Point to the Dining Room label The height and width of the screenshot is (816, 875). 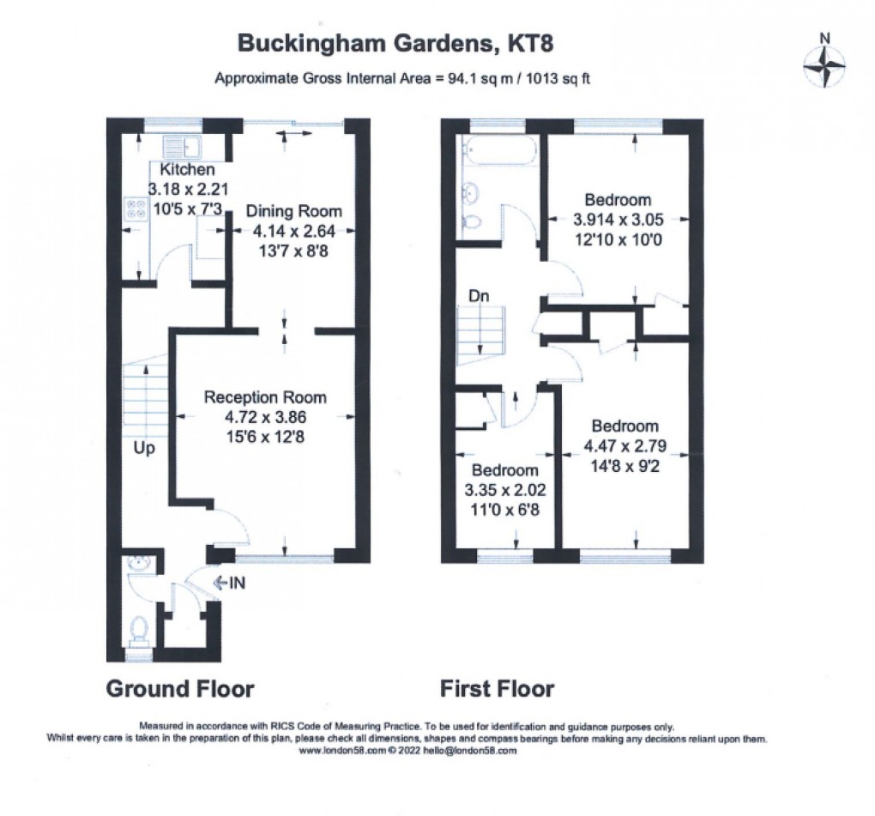[x=293, y=211]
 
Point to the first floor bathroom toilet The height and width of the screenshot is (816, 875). [x=471, y=222]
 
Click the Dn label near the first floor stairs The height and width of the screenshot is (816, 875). [x=479, y=295]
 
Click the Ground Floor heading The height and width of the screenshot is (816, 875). [x=179, y=688]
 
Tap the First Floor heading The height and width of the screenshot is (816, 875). [x=497, y=688]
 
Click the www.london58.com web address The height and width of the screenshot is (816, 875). [x=341, y=750]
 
